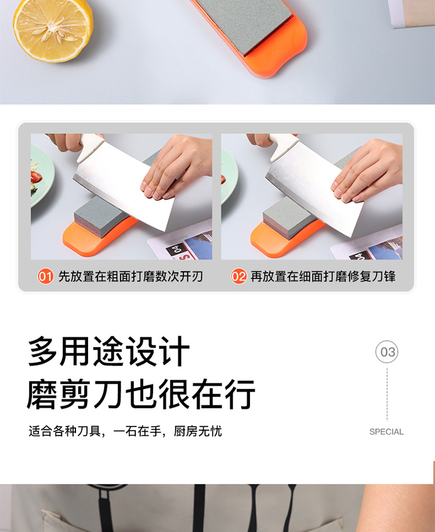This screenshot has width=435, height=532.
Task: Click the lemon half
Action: (53, 30)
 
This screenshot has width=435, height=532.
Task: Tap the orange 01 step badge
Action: (45, 276)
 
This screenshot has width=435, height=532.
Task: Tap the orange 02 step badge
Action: (238, 276)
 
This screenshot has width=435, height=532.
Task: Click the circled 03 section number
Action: (387, 352)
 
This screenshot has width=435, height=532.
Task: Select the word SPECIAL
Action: (386, 432)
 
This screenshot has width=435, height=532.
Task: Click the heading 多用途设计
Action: (108, 351)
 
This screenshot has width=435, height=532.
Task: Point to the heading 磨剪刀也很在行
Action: (141, 394)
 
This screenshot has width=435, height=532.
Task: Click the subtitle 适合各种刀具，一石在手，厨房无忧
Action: (125, 431)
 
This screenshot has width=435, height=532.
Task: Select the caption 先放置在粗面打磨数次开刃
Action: (130, 276)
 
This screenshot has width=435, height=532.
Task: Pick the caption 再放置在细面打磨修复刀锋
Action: (323, 276)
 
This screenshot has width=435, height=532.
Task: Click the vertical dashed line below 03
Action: (387, 394)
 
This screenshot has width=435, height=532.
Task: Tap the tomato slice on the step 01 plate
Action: (36, 177)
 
